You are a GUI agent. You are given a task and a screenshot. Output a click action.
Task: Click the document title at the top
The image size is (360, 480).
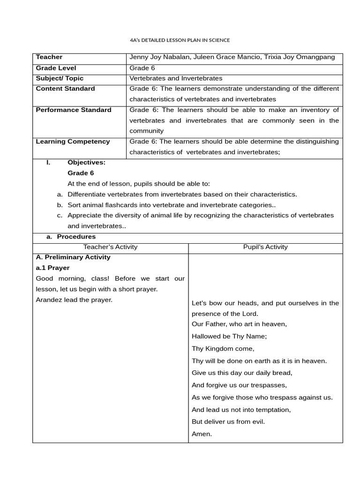coord(180,40)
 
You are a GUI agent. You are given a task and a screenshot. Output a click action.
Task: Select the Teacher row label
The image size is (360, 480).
coord(49,57)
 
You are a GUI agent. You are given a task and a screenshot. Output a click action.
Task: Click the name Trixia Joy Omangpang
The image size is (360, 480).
coord(307,57)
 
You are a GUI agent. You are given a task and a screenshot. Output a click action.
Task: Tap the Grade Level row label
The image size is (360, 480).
coord(56,68)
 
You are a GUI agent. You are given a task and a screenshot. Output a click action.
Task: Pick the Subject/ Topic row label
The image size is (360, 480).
coord(60,78)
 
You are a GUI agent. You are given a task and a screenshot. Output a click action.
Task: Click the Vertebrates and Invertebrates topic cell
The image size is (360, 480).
coord(176,78)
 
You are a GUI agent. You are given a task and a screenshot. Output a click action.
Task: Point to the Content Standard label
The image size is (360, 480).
coord(65,89)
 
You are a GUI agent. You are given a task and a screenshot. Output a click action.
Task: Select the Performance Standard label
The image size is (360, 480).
coord(74,110)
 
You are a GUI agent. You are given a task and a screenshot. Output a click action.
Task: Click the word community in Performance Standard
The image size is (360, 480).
coord(147,131)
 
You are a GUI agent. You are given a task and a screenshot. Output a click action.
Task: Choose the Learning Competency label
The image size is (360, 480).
coord(73,142)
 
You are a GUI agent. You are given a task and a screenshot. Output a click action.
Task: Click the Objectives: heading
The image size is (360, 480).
coord(87,163)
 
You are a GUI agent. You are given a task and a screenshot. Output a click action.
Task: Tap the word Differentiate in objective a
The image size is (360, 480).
coord(87,194)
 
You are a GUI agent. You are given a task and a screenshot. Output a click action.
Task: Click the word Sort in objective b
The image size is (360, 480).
coord(75,205)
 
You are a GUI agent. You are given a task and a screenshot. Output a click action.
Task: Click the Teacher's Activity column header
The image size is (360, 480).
coord(110,247)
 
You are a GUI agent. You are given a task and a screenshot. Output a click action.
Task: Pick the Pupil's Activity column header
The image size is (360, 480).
coord(265,247)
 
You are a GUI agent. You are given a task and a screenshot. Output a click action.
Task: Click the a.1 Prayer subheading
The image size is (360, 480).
coord(52,268)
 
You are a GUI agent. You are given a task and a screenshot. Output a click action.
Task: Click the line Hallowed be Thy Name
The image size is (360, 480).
coord(229,336)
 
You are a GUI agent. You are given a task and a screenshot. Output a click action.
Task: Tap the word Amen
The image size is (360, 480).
coord(202,434)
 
